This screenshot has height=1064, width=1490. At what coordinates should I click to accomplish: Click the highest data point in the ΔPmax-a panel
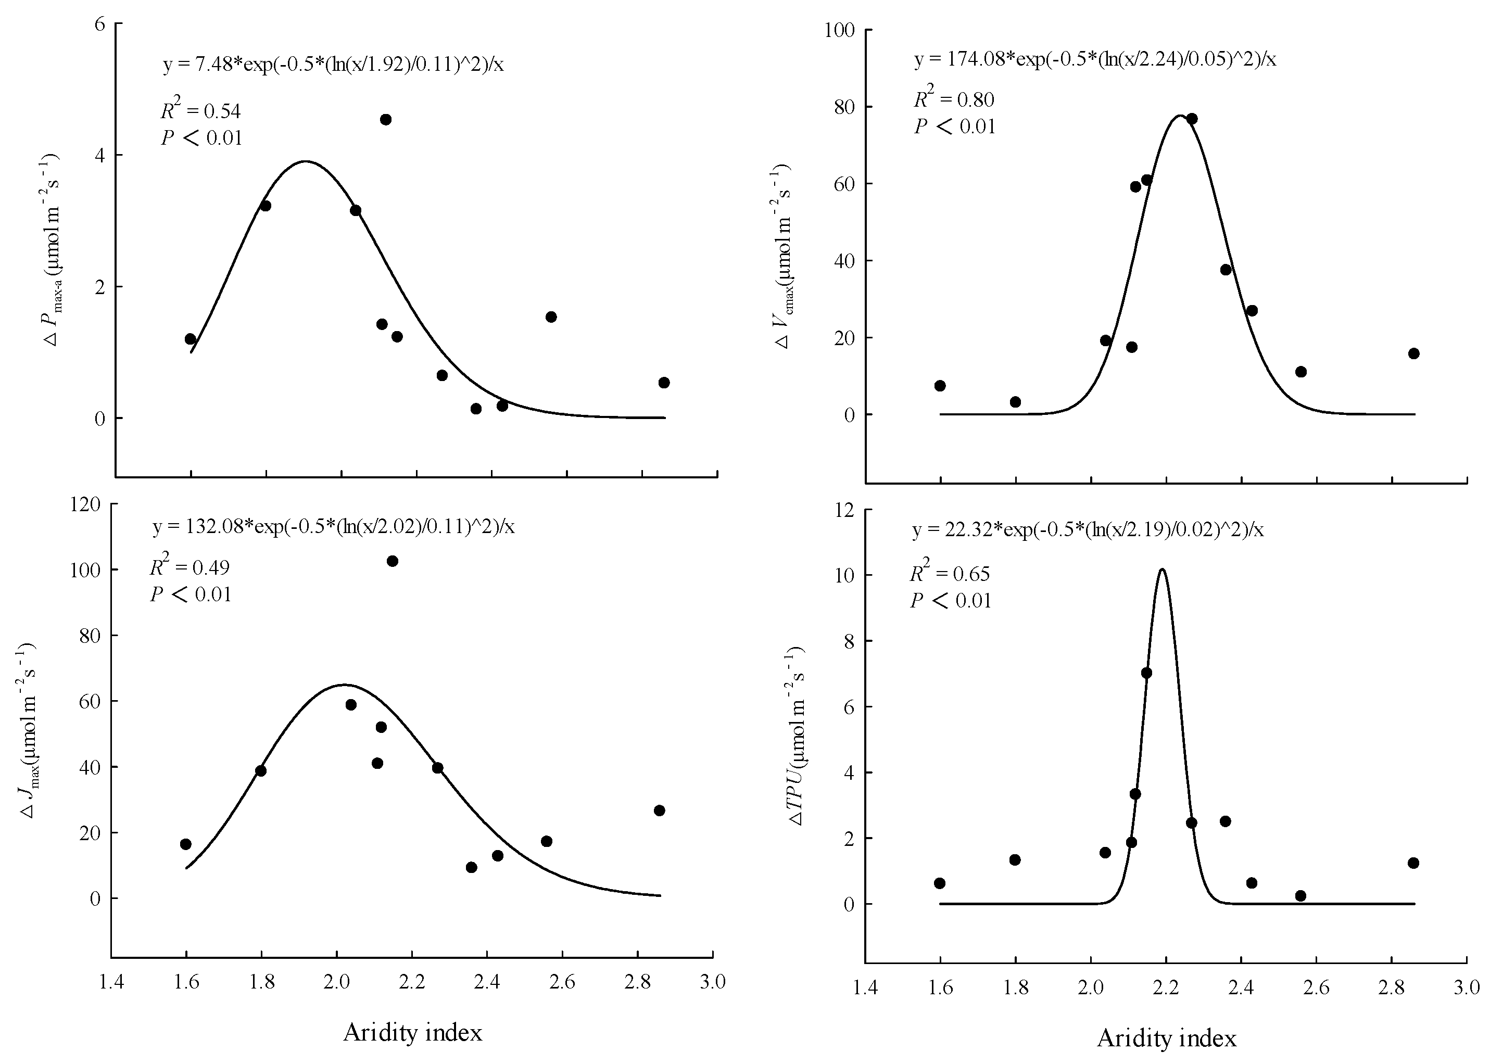[385, 119]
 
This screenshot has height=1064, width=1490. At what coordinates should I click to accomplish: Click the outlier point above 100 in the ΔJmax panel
[392, 561]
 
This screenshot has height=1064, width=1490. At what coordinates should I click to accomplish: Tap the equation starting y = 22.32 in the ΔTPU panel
[1087, 529]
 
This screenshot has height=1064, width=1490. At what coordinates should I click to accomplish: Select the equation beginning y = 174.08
[1094, 60]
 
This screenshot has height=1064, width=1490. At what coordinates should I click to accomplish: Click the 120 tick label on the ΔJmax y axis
[86, 504]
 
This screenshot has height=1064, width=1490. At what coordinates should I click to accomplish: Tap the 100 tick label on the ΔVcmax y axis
[841, 30]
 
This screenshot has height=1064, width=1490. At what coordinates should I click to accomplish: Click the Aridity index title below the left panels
[412, 1033]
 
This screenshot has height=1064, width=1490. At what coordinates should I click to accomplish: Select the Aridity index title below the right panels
[1166, 1038]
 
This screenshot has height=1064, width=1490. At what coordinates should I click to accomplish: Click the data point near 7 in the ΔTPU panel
[1146, 673]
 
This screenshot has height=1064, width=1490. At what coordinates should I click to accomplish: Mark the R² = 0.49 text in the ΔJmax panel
[190, 567]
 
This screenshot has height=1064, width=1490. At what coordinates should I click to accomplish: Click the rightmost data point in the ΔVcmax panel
[1413, 354]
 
